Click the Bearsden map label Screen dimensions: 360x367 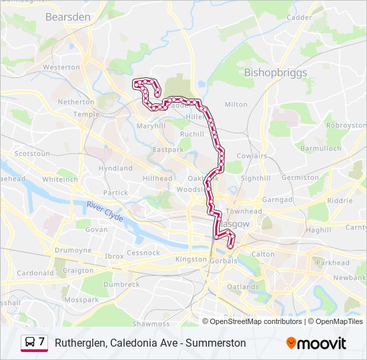tap(67, 17)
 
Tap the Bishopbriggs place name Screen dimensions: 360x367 tap(276, 72)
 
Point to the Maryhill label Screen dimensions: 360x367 tap(150, 125)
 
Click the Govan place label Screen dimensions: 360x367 tap(96, 229)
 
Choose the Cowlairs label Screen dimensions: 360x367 tap(252, 155)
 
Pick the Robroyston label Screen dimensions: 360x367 tap(346, 125)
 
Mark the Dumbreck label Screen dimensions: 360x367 tap(121, 284)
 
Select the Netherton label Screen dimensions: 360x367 tap(76, 102)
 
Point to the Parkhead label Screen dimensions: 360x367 tap(332, 263)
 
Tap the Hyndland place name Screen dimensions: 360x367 tap(115, 169)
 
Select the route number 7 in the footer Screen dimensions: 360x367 tap(42, 343)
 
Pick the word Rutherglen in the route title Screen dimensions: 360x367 tap(81, 343)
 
